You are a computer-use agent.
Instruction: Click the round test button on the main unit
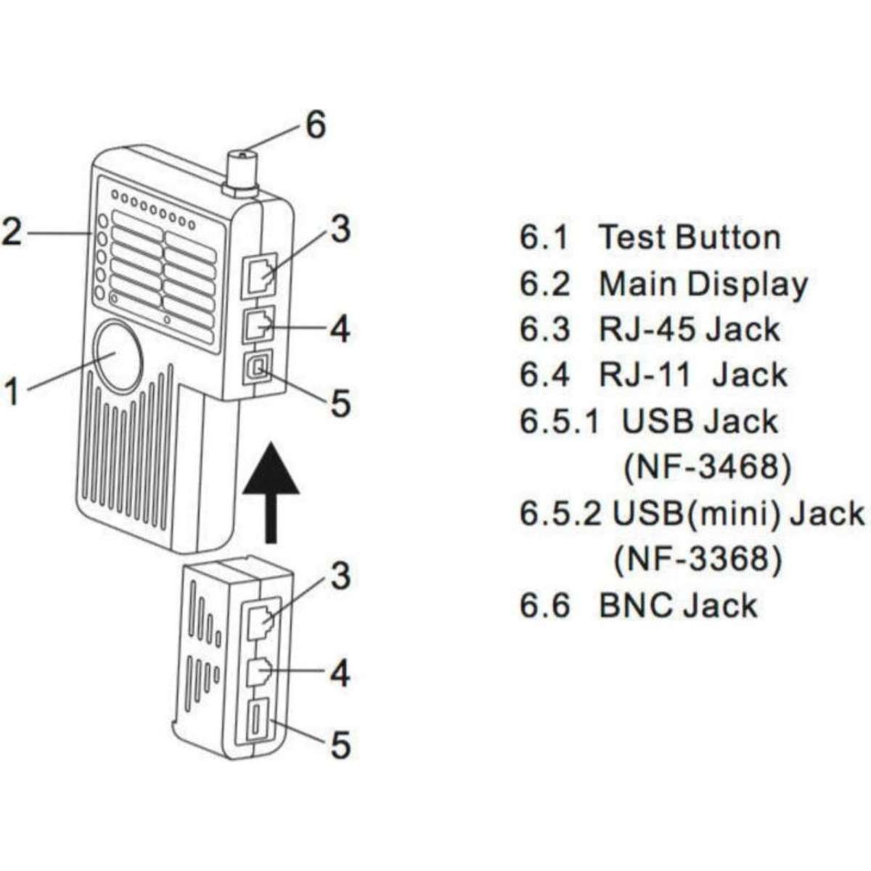(117, 353)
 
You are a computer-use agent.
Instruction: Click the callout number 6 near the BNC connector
(315, 125)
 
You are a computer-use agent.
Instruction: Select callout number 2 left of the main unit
(12, 231)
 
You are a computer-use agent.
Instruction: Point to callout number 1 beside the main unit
(12, 393)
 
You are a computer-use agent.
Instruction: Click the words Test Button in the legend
(690, 237)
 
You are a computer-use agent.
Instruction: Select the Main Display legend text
(703, 284)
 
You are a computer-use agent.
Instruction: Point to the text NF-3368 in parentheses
(698, 560)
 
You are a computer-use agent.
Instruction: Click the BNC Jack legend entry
(678, 605)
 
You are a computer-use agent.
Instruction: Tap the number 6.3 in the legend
(544, 329)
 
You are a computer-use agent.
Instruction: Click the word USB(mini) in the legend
(696, 513)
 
